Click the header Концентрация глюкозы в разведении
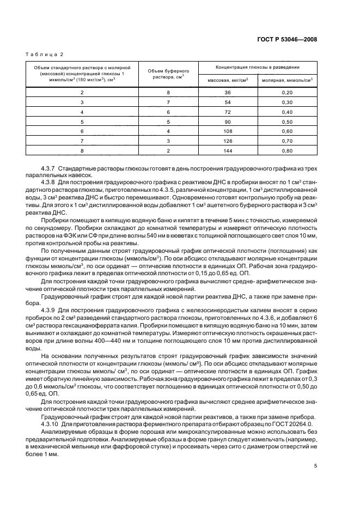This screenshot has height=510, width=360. tap(258, 66)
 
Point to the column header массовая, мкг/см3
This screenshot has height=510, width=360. tap(228, 80)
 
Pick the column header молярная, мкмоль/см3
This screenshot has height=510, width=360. tap(287, 80)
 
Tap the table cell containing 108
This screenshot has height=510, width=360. tap(228, 131)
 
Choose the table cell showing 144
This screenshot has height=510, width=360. tap(228, 151)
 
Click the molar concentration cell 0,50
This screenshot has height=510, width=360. tap(287, 122)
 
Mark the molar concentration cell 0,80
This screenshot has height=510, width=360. tap(287, 151)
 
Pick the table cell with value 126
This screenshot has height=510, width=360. tap(228, 141)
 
